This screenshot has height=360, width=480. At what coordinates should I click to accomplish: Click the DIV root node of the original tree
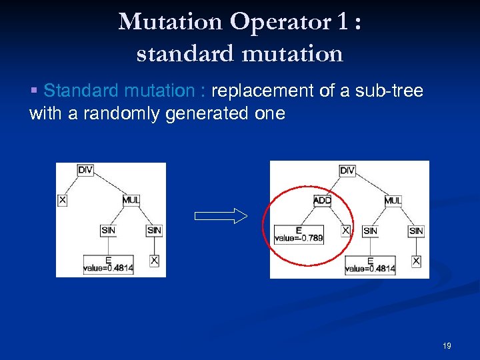[85, 170]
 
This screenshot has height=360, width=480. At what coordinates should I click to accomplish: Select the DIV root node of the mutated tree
[347, 171]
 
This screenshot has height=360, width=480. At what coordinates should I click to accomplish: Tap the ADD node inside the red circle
[322, 201]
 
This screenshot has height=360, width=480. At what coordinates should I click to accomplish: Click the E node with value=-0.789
[299, 234]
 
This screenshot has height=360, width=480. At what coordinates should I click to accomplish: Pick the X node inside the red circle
[345, 230]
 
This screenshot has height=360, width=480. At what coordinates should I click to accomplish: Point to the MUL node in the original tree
[131, 200]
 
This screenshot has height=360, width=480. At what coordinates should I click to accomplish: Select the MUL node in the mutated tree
[393, 201]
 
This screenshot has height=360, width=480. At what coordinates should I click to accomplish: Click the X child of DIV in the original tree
[63, 200]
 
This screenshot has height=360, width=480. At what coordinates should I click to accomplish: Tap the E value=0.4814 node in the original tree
[108, 265]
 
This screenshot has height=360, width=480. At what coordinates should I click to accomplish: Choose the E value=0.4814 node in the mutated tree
[370, 265]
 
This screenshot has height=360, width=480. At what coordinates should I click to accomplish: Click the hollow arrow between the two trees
[220, 216]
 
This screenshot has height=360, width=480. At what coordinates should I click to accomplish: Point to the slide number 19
[447, 345]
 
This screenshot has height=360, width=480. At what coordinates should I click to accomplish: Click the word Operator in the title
[279, 22]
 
